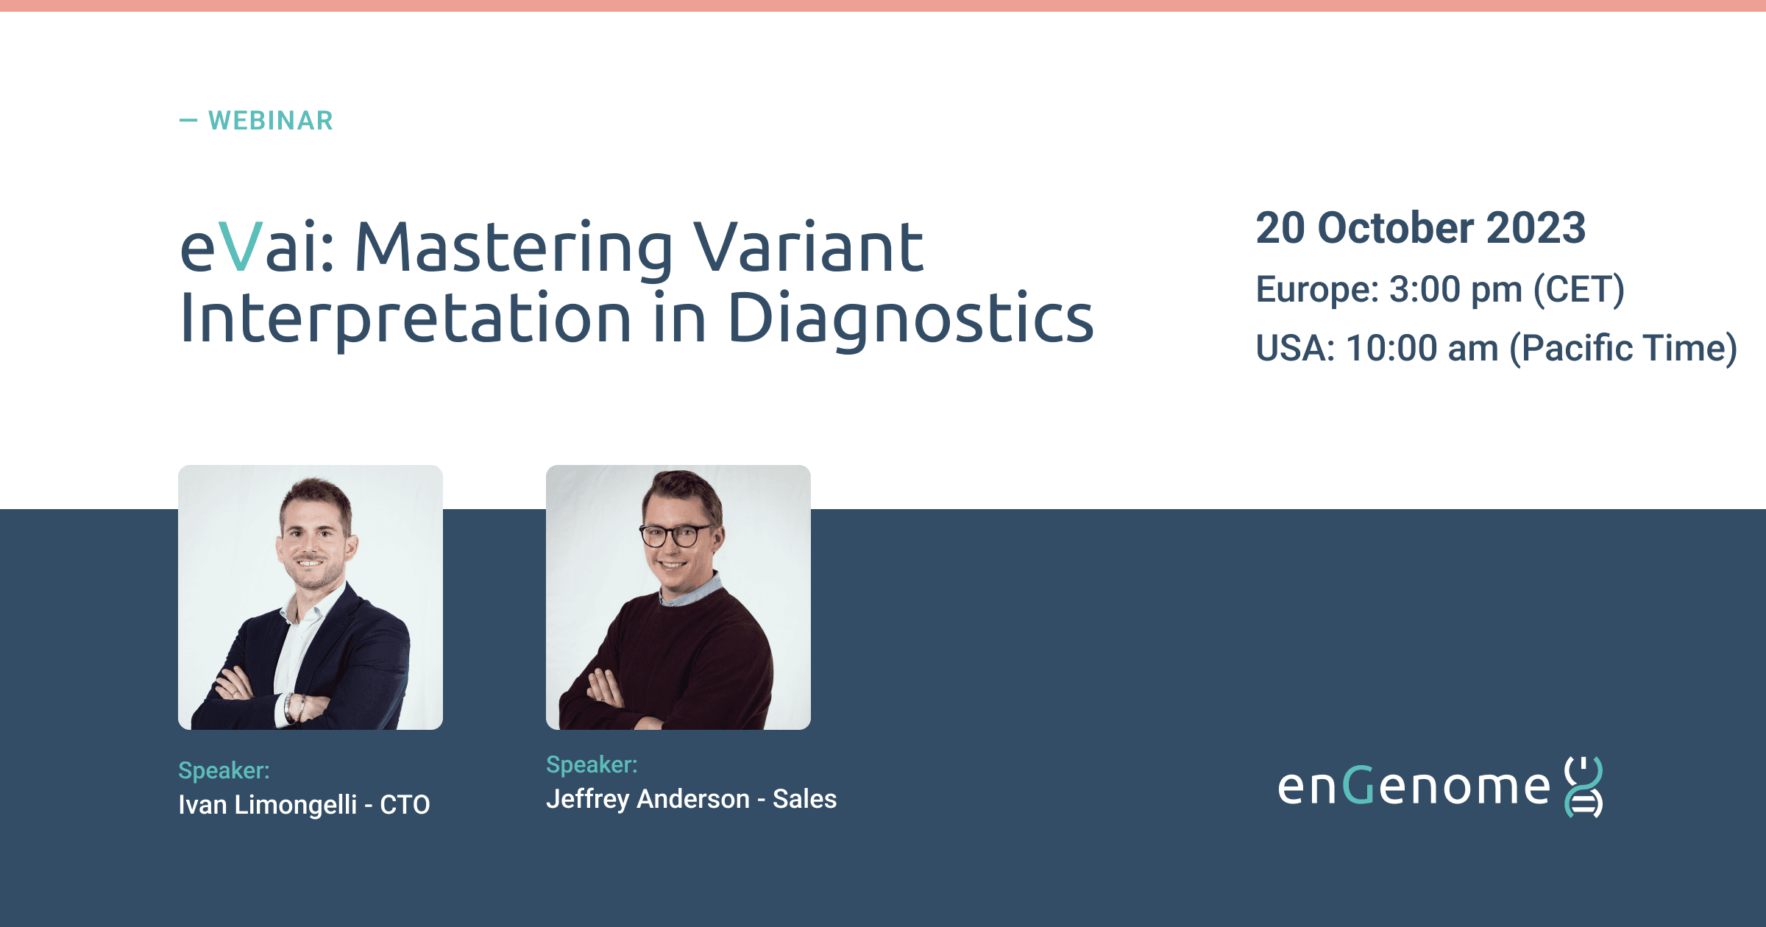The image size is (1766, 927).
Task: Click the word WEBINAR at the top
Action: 271,121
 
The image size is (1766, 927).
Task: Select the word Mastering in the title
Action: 514,250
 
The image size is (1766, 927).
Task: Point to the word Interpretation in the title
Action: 405,319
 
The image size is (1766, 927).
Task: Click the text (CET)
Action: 1579,290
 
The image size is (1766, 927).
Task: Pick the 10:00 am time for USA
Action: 1422,348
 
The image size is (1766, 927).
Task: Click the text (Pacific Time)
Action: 1623,349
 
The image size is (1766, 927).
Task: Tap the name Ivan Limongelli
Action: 267,805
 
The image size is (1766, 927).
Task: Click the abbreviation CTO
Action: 405,805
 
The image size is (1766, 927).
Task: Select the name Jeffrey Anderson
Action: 648,800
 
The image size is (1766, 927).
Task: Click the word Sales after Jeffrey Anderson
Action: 804,799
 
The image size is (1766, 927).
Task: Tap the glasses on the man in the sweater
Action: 675,535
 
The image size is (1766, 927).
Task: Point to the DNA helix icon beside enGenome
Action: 1584,786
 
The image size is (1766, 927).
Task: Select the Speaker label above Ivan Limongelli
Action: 224,770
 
